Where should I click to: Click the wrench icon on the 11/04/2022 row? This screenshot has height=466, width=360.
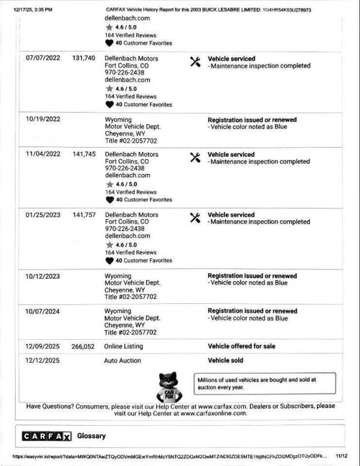194,158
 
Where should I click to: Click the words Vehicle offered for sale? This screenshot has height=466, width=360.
242,346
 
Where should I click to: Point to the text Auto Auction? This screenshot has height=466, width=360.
123,361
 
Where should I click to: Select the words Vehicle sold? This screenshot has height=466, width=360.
226,361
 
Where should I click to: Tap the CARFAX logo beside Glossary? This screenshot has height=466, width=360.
46,436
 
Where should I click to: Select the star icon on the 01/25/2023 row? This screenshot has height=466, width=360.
109,245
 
